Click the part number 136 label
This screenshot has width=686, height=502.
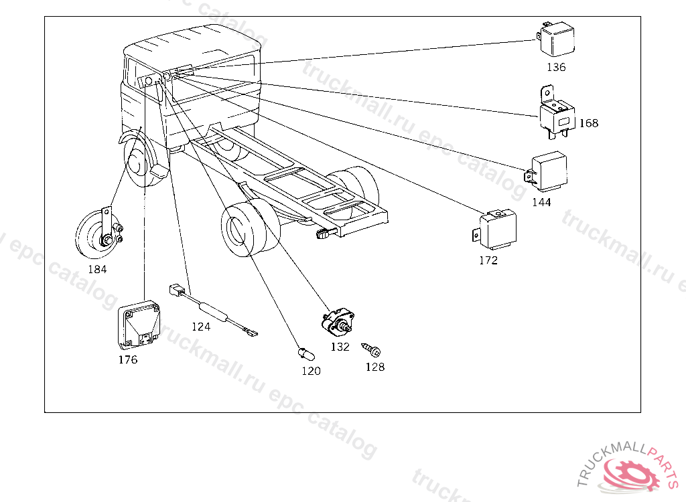click(556, 67)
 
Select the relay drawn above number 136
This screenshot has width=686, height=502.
click(555, 39)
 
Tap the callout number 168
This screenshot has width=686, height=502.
click(589, 123)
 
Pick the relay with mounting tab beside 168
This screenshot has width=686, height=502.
click(556, 112)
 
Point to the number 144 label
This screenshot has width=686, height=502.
click(541, 202)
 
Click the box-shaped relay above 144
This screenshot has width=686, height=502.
click(547, 171)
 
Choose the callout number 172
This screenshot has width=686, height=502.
click(488, 260)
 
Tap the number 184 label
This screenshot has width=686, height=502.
click(97, 269)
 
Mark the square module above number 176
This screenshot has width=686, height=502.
click(139, 325)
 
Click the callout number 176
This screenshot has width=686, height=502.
click(128, 359)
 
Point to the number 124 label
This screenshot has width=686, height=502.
click(201, 327)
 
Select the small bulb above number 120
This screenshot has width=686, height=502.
click(305, 353)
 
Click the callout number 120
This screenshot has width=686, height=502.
click(311, 371)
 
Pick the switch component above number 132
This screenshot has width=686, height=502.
click(338, 323)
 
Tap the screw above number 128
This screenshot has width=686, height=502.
click(371, 350)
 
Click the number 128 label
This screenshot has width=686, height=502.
click(375, 367)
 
